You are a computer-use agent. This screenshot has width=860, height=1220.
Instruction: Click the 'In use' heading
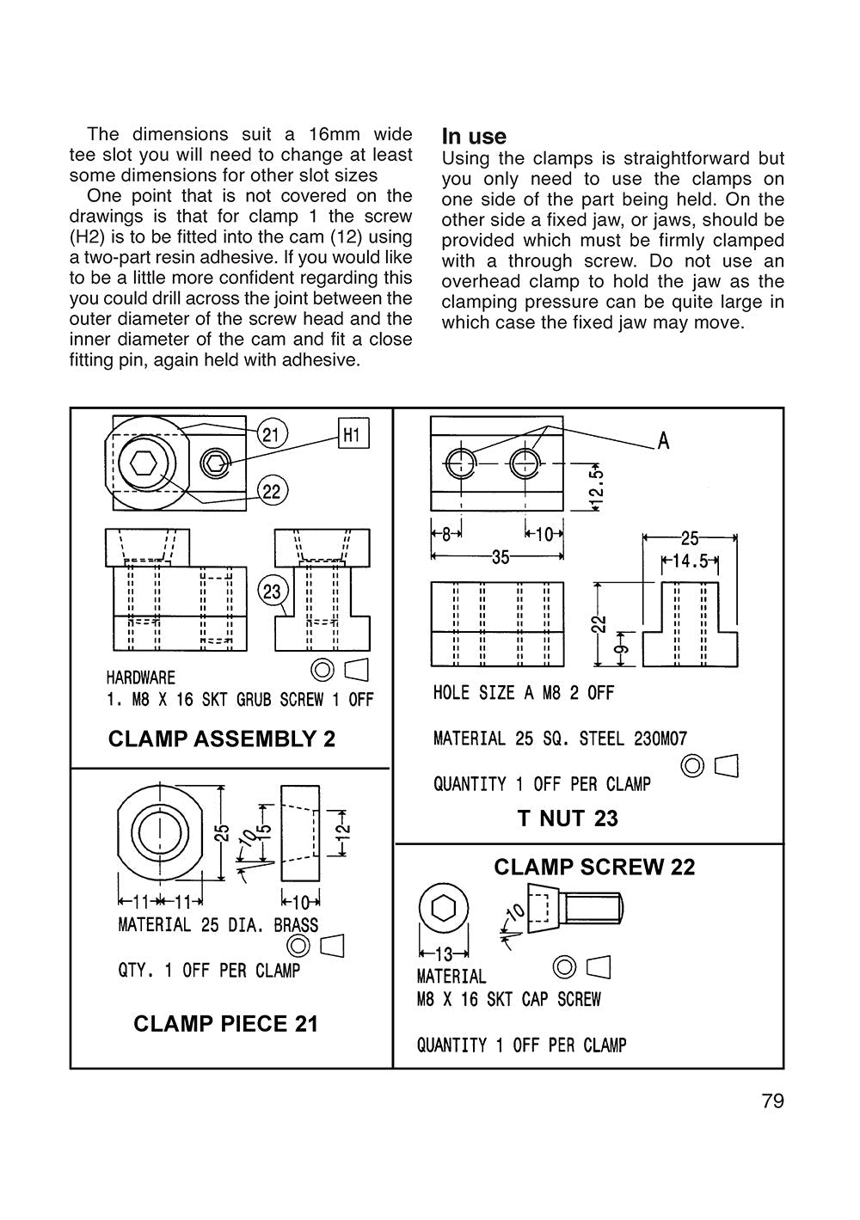[x=474, y=137]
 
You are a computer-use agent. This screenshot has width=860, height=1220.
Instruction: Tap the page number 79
[x=772, y=1101]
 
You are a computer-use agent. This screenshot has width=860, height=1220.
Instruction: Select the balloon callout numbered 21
[x=271, y=434]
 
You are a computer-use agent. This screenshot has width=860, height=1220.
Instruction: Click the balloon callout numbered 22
[x=272, y=492]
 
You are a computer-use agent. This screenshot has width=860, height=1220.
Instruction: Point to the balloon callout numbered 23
[x=272, y=592]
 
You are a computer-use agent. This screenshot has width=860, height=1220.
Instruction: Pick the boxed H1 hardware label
[x=353, y=435]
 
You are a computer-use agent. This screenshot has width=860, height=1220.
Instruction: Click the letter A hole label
[x=663, y=441]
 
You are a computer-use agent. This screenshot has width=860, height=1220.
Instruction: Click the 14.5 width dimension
[x=690, y=561]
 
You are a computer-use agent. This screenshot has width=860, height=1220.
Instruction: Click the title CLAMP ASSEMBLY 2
[x=222, y=739]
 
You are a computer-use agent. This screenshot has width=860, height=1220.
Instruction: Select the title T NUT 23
[x=568, y=818]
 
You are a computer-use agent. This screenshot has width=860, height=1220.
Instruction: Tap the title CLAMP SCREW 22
[x=594, y=867]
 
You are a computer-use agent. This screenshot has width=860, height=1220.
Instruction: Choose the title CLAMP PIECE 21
[x=225, y=1024]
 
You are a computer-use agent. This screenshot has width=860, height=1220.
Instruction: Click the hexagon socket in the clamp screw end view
[x=444, y=910]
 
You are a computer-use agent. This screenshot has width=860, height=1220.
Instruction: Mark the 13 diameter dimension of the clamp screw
[x=444, y=954]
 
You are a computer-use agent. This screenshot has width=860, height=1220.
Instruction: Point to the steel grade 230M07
[x=659, y=739]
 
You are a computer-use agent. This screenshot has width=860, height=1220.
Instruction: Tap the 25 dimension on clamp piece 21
[x=222, y=832]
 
